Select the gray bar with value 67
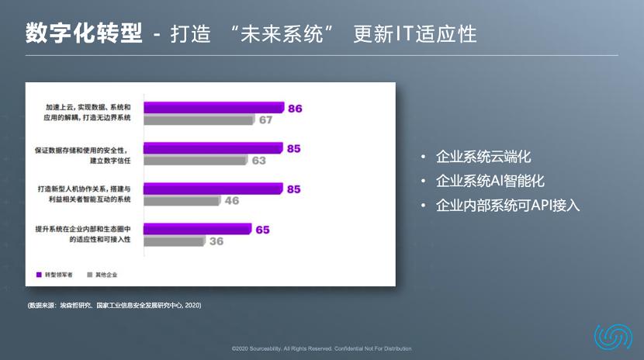199,120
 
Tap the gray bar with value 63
196,161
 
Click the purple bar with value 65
198,229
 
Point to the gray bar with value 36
174,241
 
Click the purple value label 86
295,109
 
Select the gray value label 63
258,161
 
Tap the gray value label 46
232,200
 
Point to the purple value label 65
262,230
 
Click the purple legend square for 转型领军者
39,275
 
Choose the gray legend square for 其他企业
90,275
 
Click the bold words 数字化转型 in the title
84,33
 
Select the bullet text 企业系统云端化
483,157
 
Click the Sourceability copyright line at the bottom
321,348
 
